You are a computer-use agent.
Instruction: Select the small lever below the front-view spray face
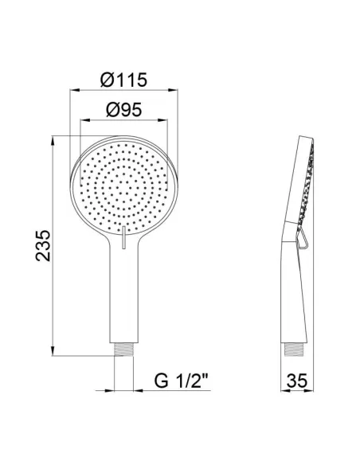coord(124,237)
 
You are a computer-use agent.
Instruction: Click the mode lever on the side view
coord(299,236)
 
